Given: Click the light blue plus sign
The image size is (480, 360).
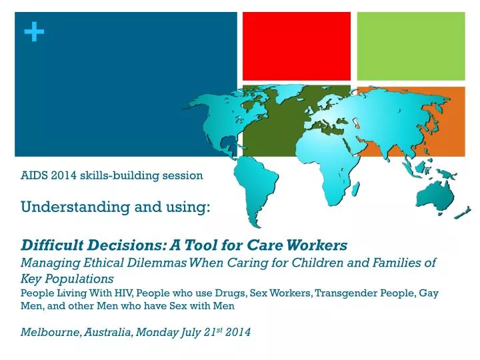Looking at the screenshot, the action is coord(34,31).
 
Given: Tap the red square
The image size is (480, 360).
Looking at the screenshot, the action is coord(296,46).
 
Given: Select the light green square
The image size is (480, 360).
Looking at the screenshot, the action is coord(411,46).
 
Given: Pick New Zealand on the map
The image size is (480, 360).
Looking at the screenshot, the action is coord(462,213).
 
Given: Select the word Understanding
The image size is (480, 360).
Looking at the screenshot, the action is coord(75,207).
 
